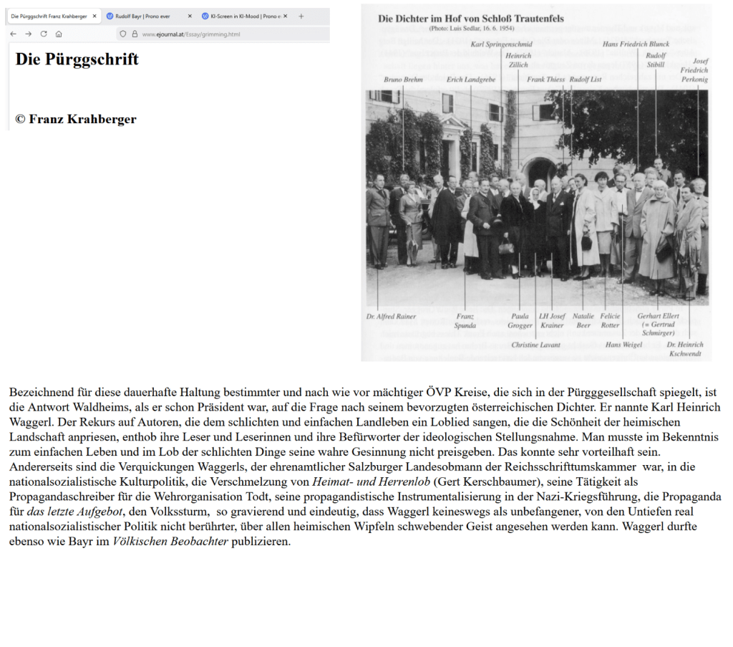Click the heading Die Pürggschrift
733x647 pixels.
pos(77,59)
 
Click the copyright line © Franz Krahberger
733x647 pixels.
pos(76,119)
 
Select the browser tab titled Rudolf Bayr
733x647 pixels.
pos(143,16)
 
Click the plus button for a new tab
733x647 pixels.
pos(301,16)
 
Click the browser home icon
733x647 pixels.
pos(59,34)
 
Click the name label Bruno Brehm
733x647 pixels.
pos(403,80)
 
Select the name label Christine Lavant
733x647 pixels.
pos(535,345)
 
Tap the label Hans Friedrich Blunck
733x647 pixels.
pos(636,44)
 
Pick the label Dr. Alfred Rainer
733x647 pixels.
pos(391,316)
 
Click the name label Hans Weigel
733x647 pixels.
pos(623,345)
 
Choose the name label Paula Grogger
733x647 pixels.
pos(520,320)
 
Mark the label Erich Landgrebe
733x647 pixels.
pos(470,80)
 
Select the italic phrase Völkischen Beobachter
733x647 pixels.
pos(170,541)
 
